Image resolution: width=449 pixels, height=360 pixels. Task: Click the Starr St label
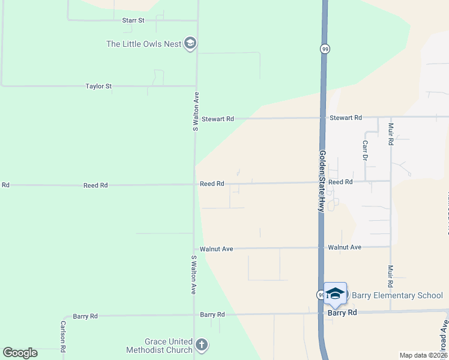coord(133,20)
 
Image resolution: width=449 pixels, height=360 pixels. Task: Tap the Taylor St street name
coord(98,86)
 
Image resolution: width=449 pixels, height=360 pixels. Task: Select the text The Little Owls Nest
coord(144,44)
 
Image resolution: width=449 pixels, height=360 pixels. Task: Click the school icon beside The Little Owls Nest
coord(191,43)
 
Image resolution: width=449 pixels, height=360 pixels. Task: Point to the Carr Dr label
coord(365,151)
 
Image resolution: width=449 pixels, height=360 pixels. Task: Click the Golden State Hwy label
coord(322,181)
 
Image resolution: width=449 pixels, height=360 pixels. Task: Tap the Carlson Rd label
coord(63,337)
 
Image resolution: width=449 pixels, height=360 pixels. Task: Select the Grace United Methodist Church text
coord(160,346)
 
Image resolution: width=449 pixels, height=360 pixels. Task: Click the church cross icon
coord(202,345)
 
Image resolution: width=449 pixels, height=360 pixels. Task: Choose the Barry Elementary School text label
coord(397,295)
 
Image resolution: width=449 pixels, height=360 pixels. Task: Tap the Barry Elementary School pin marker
coord(335,293)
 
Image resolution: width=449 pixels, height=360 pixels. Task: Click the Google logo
coord(20,353)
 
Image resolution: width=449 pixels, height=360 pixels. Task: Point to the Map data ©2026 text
coord(423,355)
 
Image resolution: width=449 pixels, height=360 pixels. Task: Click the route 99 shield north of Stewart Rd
coord(324,49)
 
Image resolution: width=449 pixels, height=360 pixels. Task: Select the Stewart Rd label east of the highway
coord(346,118)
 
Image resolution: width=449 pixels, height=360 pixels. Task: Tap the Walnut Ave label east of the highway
coord(345,247)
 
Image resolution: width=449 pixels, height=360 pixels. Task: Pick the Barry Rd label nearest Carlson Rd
coord(85,316)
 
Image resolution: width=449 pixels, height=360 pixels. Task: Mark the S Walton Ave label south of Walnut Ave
coord(194,275)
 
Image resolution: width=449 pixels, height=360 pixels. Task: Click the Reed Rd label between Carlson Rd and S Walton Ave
coord(95,185)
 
